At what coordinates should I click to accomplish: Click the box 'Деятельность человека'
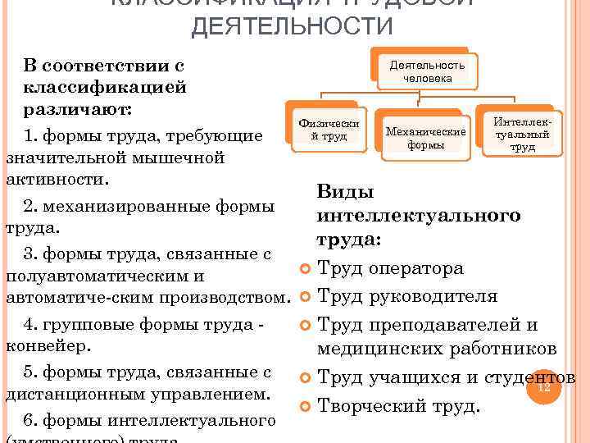(427, 71)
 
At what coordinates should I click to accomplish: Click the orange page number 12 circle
(542, 386)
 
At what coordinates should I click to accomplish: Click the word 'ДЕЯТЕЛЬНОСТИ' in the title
(292, 27)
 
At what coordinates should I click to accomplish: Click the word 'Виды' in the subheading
(345, 192)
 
